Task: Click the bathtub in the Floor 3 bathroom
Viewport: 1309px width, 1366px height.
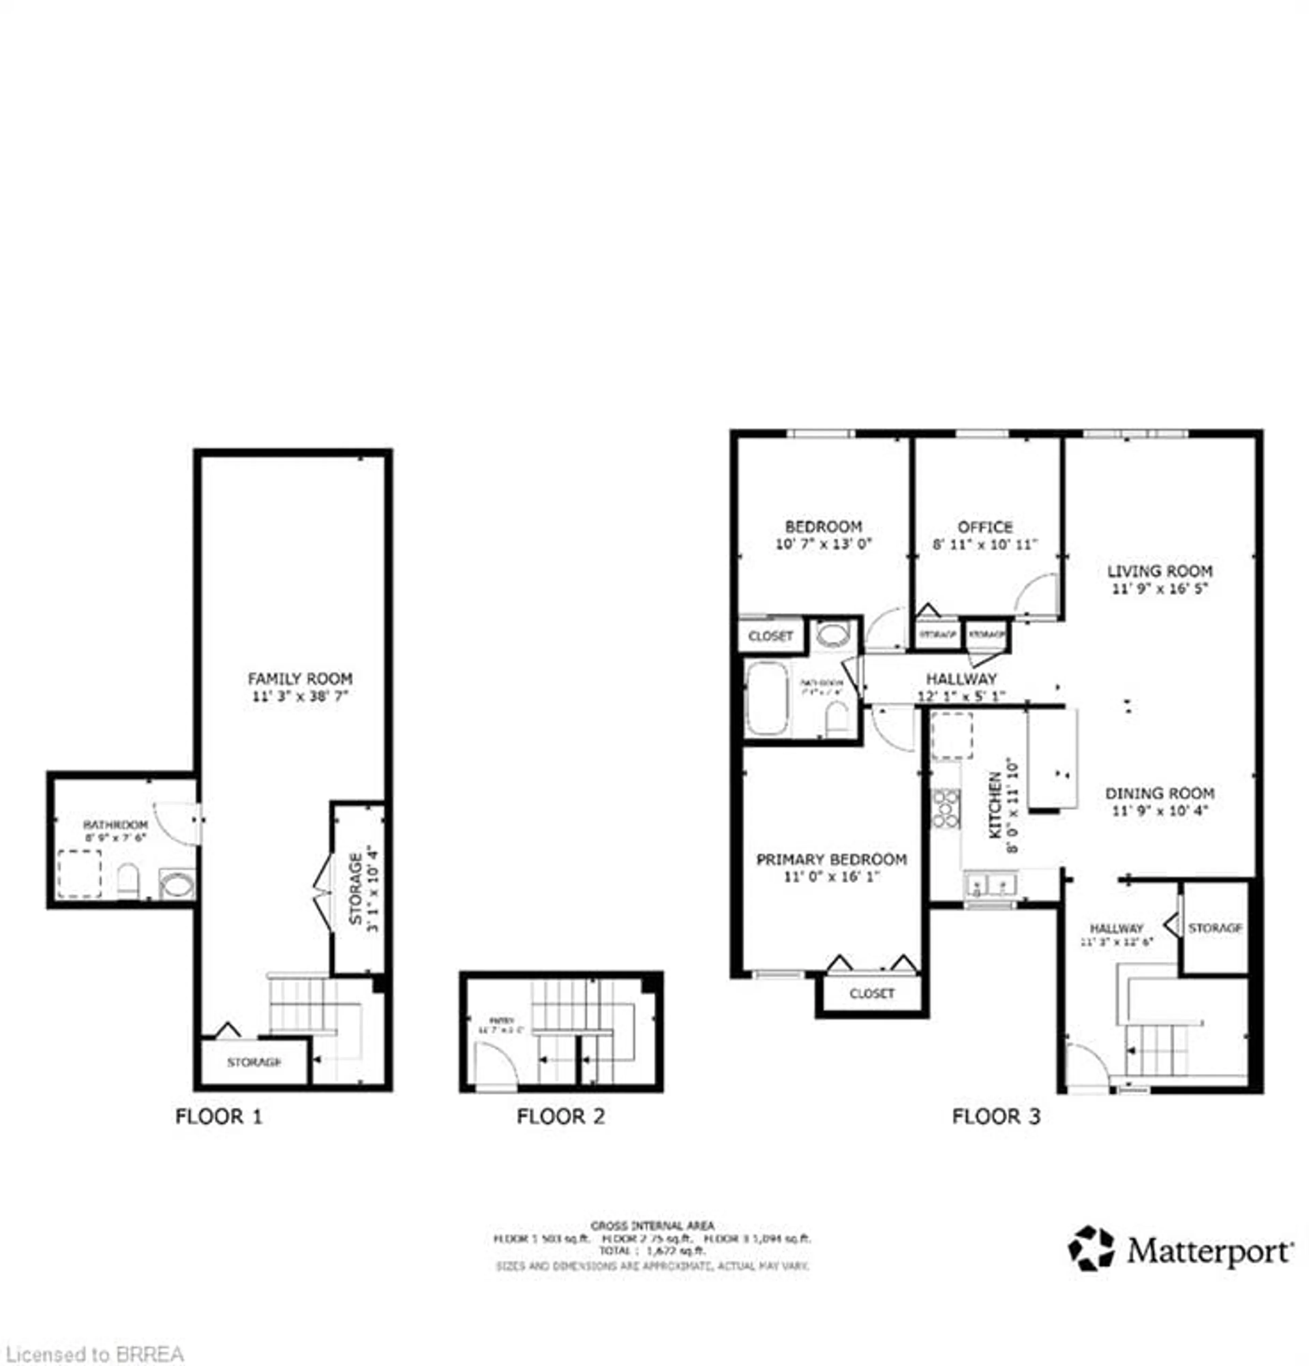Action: [x=766, y=697]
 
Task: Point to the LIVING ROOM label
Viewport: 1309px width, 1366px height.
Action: [x=1159, y=571]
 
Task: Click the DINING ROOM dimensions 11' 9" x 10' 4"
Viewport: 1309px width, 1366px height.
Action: [x=1159, y=811]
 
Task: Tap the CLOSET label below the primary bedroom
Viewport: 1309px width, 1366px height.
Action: [x=871, y=993]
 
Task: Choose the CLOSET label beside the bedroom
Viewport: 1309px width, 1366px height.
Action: [x=770, y=635]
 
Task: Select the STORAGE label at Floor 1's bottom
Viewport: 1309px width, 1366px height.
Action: [x=254, y=1062]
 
